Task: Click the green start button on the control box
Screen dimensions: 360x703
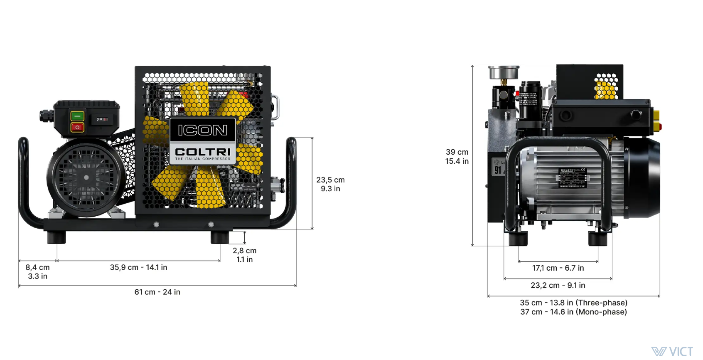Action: coord(77,116)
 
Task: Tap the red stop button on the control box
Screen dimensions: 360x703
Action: coord(77,127)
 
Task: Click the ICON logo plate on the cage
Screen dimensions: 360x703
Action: coord(203,130)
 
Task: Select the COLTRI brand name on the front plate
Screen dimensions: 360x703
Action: coord(203,152)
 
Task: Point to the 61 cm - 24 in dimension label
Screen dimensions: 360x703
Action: coord(157,292)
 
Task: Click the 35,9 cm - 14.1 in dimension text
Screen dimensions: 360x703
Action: coord(138,267)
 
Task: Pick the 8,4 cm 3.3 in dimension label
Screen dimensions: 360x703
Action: coord(37,272)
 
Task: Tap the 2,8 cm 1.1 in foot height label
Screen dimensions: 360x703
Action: coord(244,255)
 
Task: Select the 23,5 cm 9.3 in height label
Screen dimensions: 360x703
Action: coord(330,184)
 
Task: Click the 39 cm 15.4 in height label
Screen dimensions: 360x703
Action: coord(457,157)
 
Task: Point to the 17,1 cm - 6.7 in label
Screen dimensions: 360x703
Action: coord(558,268)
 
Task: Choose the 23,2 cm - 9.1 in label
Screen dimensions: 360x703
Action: coord(558,286)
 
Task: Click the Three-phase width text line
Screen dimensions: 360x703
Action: coord(573,303)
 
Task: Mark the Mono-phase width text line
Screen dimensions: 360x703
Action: coord(573,312)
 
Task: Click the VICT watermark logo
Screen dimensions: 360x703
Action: coord(672,352)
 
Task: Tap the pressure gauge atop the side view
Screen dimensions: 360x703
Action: coord(504,72)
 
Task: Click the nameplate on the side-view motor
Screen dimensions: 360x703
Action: coord(573,178)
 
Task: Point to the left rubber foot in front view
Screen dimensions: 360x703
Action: coord(57,238)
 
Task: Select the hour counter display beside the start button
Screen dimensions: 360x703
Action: coord(102,119)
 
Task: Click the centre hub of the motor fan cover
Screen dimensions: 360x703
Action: coord(86,178)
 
